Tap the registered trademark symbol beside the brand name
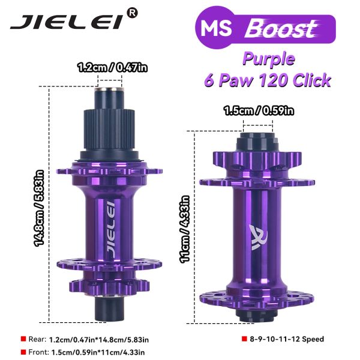tap(133, 13)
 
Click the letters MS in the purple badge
tap(216, 28)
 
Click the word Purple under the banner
tap(268, 59)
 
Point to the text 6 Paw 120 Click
tap(268, 80)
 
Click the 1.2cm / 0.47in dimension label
tap(112, 67)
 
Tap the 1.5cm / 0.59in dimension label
tap(259, 110)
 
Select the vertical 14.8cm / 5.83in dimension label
tap(39, 208)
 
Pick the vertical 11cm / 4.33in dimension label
tap(185, 229)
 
